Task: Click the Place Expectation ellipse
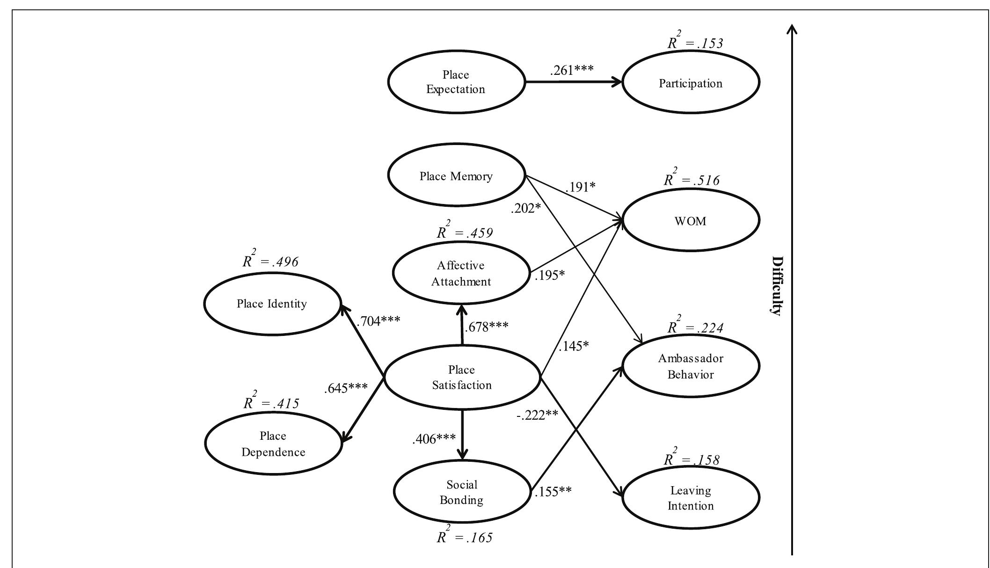(x=456, y=82)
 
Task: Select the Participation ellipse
(x=691, y=83)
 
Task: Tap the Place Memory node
(x=456, y=176)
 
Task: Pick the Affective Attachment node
(x=461, y=273)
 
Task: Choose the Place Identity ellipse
(x=272, y=304)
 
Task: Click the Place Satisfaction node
(x=462, y=377)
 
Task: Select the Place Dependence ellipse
(x=273, y=444)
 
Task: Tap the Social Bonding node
(x=461, y=492)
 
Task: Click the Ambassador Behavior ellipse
(x=691, y=366)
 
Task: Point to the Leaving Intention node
(x=691, y=498)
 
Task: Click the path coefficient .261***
(x=572, y=70)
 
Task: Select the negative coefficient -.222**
(x=537, y=415)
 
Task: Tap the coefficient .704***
(x=378, y=321)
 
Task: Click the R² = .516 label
(x=691, y=179)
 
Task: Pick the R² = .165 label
(x=464, y=537)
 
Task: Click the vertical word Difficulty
(x=777, y=285)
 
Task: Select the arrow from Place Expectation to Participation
(x=573, y=82)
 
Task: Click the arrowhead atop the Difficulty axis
(x=792, y=29)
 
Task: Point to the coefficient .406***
(x=434, y=439)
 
